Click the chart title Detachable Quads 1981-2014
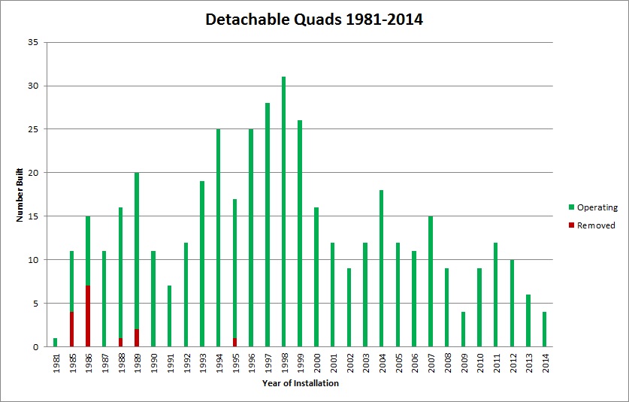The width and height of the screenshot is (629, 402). (x=314, y=20)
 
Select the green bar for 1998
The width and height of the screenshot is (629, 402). (x=283, y=211)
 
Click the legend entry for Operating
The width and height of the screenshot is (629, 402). (x=592, y=207)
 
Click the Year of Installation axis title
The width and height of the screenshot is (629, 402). (x=301, y=383)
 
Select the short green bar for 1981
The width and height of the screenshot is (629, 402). (x=56, y=343)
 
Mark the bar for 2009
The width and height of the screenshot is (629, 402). (x=463, y=329)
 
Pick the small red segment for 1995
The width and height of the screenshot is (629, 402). (x=234, y=343)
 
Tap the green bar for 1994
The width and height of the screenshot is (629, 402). (x=218, y=237)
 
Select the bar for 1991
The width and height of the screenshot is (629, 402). (x=169, y=316)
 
